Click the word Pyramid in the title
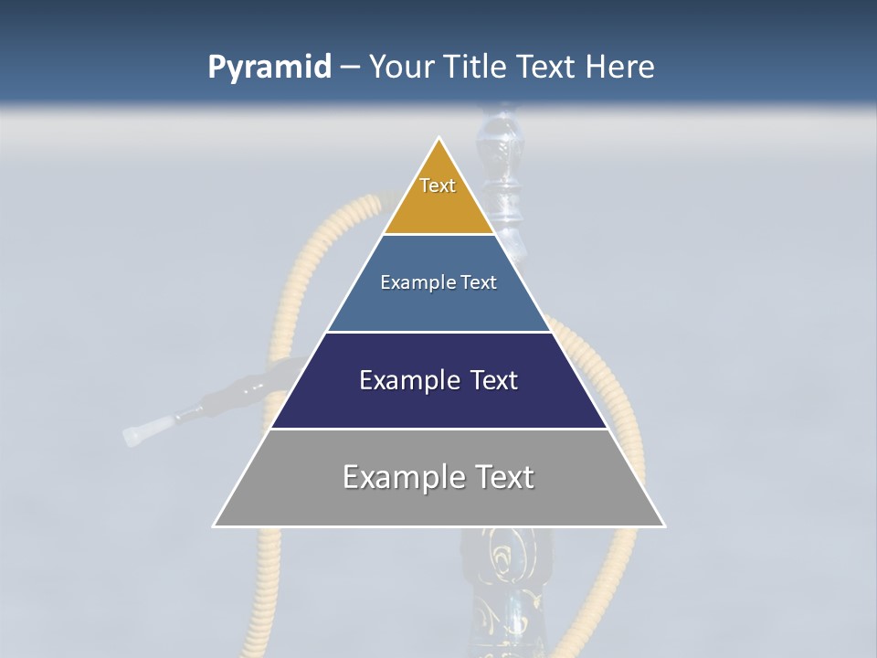[269, 67]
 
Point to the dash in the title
[350, 68]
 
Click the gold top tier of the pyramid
[438, 206]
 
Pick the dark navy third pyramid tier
[438, 402]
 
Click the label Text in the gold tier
[438, 186]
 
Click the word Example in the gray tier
[402, 477]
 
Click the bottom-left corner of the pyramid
[216, 525]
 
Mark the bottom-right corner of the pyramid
[663, 525]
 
